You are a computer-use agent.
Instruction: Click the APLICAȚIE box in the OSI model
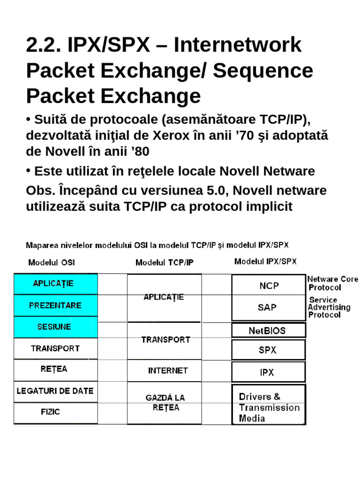[56, 284]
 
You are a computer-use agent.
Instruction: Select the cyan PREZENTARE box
[56, 305]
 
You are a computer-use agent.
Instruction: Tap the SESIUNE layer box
[56, 327]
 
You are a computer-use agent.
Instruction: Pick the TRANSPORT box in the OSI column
[56, 348]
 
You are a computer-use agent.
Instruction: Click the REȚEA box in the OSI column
[56, 369]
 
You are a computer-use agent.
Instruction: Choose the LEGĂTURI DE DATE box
[56, 391]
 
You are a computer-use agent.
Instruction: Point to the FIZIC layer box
[56, 412]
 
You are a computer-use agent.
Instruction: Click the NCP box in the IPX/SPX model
[268, 285]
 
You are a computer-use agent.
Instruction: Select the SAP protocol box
[268, 307]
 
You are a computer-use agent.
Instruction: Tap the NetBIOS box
[268, 330]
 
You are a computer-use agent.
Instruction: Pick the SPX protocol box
[268, 350]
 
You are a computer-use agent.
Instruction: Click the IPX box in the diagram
[268, 372]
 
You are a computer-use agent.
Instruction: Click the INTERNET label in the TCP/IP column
[168, 370]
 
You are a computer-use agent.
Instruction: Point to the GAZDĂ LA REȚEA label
[165, 402]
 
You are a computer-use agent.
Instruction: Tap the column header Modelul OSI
[52, 262]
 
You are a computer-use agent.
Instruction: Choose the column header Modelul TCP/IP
[164, 262]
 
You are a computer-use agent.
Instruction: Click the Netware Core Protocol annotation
[332, 283]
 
